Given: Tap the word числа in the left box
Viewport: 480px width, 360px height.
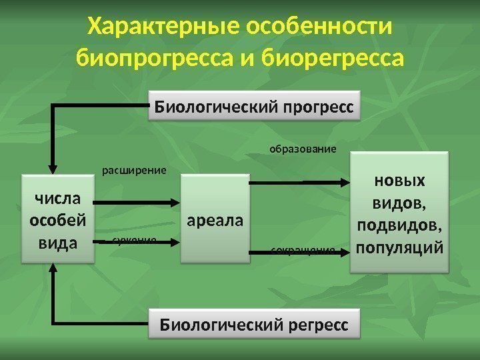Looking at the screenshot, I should tap(57, 198).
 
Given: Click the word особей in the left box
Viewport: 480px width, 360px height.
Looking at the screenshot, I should tap(57, 220).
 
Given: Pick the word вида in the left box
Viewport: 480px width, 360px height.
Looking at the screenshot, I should tap(57, 242).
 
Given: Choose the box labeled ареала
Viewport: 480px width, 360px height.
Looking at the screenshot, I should tap(215, 220).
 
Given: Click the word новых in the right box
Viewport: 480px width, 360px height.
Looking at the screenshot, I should tap(399, 181).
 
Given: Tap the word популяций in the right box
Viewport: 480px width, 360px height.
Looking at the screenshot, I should tap(399, 247).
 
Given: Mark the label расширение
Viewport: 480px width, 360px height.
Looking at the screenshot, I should tap(133, 171).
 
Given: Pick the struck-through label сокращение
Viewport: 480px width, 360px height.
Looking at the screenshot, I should tap(303, 251).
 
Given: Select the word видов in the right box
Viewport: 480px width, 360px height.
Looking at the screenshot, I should tap(399, 203).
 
